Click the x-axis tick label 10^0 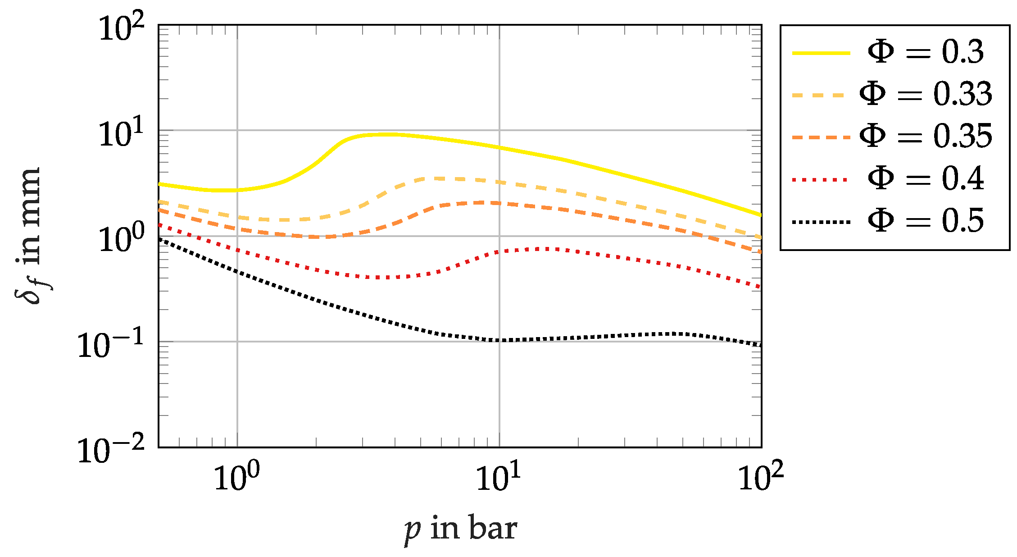[x=237, y=477]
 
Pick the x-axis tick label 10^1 [x=499, y=477]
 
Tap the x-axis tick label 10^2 [x=761, y=477]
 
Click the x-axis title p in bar [x=460, y=529]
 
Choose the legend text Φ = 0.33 [x=926, y=94]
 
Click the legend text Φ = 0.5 [x=926, y=220]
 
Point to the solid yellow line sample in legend [x=821, y=53]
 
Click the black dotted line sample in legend [x=821, y=222]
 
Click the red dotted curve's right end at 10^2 [x=760, y=287]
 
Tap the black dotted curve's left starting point [x=160, y=239]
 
